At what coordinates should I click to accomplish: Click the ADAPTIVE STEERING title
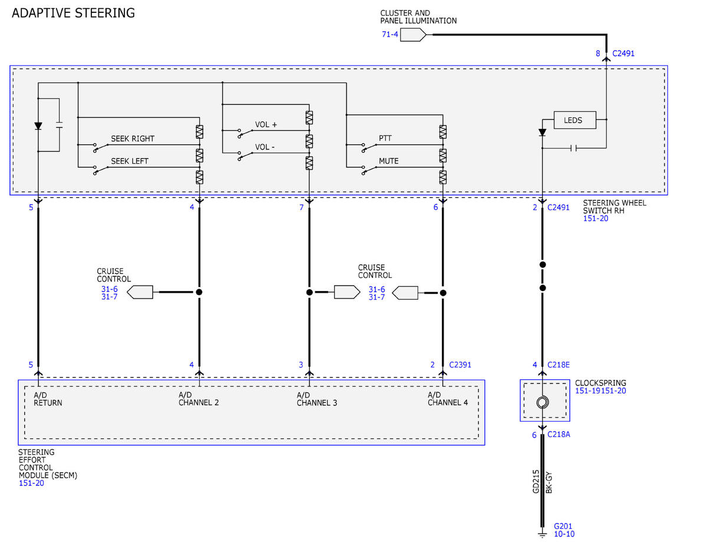tap(73, 13)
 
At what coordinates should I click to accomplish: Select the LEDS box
tap(574, 120)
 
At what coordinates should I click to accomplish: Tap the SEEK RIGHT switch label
tap(133, 138)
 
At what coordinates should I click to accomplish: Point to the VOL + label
tap(266, 124)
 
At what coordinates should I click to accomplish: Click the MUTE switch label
tap(388, 161)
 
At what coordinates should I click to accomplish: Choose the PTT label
tap(385, 138)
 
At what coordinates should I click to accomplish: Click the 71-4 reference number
tap(390, 34)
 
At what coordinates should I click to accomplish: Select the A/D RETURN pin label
tap(48, 399)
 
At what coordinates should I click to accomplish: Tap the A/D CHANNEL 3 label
tap(316, 399)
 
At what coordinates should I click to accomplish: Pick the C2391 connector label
tap(460, 365)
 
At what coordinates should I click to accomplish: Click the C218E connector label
tap(559, 365)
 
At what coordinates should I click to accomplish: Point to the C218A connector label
tap(559, 434)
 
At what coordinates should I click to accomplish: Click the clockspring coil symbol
tap(543, 402)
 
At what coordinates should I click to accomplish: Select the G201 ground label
tap(563, 526)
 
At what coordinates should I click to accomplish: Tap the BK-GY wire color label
tap(549, 482)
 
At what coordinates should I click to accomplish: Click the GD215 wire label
tap(536, 481)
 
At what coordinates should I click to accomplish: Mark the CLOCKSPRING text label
tap(600, 383)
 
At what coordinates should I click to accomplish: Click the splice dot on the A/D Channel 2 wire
tap(199, 292)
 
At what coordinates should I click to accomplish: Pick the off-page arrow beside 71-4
tap(413, 35)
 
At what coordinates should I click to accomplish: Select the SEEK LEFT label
tap(130, 161)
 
